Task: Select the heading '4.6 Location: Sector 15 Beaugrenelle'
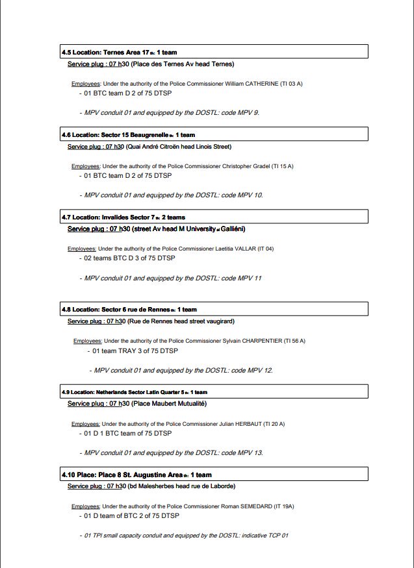pos(127,135)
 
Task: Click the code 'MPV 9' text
pos(248,113)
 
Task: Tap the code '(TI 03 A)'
pos(291,84)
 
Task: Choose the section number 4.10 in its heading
pos(69,475)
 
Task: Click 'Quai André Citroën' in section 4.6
pos(153,147)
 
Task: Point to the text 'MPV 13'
pos(250,453)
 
